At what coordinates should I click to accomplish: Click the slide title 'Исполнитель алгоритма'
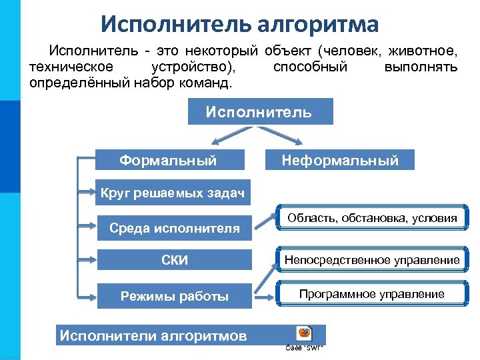(240, 24)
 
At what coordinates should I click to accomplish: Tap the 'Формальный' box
(168, 160)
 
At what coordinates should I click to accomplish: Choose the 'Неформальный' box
(340, 160)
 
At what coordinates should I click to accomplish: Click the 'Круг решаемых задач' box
(172, 194)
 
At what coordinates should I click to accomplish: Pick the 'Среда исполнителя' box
(175, 228)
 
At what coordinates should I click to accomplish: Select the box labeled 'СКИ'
(175, 260)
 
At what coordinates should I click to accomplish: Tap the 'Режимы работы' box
(175, 296)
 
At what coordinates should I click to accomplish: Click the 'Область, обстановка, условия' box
(372, 218)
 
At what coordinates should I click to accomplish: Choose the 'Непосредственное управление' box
(372, 260)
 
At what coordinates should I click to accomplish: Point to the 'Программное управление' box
(372, 294)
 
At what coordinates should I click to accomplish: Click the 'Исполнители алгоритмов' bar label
(153, 335)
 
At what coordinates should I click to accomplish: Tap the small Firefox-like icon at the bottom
(304, 333)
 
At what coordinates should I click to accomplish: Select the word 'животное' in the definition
(426, 51)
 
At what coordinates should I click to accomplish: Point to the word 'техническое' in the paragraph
(71, 67)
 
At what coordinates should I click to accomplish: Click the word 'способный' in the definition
(310, 67)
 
